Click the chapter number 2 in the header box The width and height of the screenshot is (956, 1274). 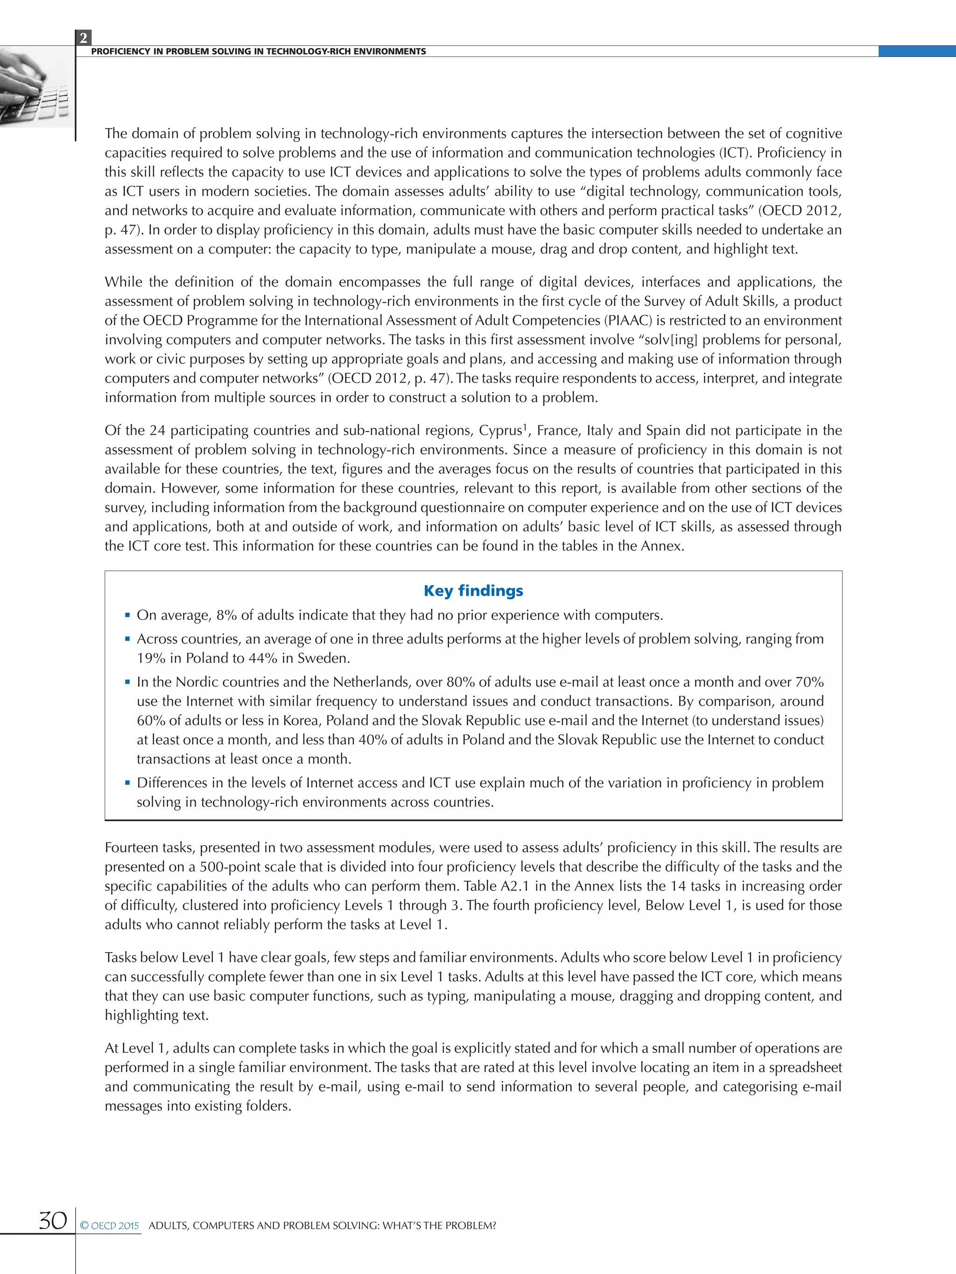84,38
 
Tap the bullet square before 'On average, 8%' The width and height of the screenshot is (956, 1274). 127,615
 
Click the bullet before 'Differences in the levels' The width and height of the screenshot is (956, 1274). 127,783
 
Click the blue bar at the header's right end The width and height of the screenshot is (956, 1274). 917,51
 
